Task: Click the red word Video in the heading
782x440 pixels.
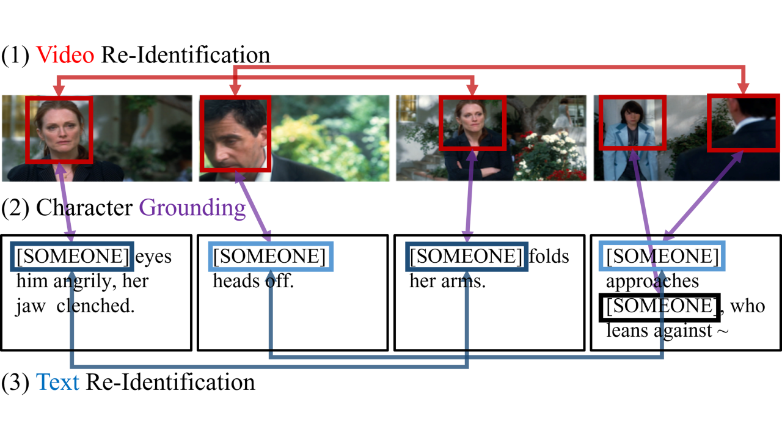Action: [x=65, y=55]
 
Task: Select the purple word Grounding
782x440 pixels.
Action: [x=192, y=208]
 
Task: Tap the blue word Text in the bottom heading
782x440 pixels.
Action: [x=58, y=383]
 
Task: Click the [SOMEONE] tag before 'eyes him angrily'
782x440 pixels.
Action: [x=71, y=257]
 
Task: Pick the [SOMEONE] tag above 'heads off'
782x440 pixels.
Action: [x=270, y=257]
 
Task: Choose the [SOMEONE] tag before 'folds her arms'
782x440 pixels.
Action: [x=467, y=257]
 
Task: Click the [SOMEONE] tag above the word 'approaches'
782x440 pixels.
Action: [x=662, y=257]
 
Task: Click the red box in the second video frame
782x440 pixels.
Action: [x=235, y=133]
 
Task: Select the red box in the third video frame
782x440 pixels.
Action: [x=472, y=122]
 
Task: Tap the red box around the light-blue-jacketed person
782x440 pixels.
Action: [x=632, y=122]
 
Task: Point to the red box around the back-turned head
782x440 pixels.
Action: [x=743, y=122]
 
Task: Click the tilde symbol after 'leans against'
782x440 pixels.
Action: [x=723, y=332]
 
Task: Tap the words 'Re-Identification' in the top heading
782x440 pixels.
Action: [x=185, y=55]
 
